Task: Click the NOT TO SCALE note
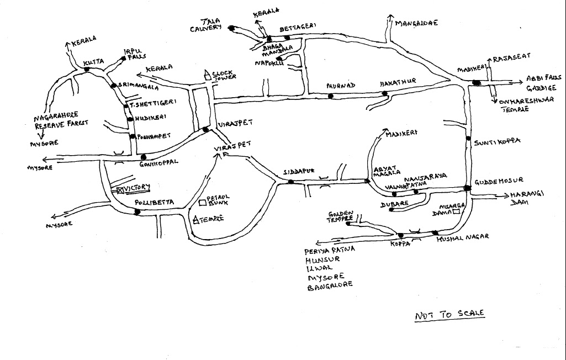[x=449, y=314]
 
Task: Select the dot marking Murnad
[x=331, y=96]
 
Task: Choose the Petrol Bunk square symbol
[x=202, y=200]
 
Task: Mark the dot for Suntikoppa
[x=468, y=138]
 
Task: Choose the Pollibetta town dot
[x=137, y=211]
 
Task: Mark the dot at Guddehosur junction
[x=468, y=188]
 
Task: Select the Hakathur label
[x=397, y=82]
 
